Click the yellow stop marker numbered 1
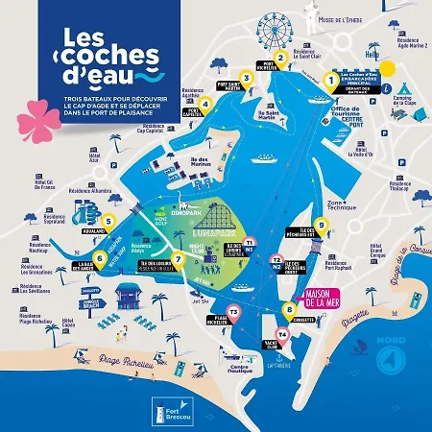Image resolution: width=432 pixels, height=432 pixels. [x=333, y=82]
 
